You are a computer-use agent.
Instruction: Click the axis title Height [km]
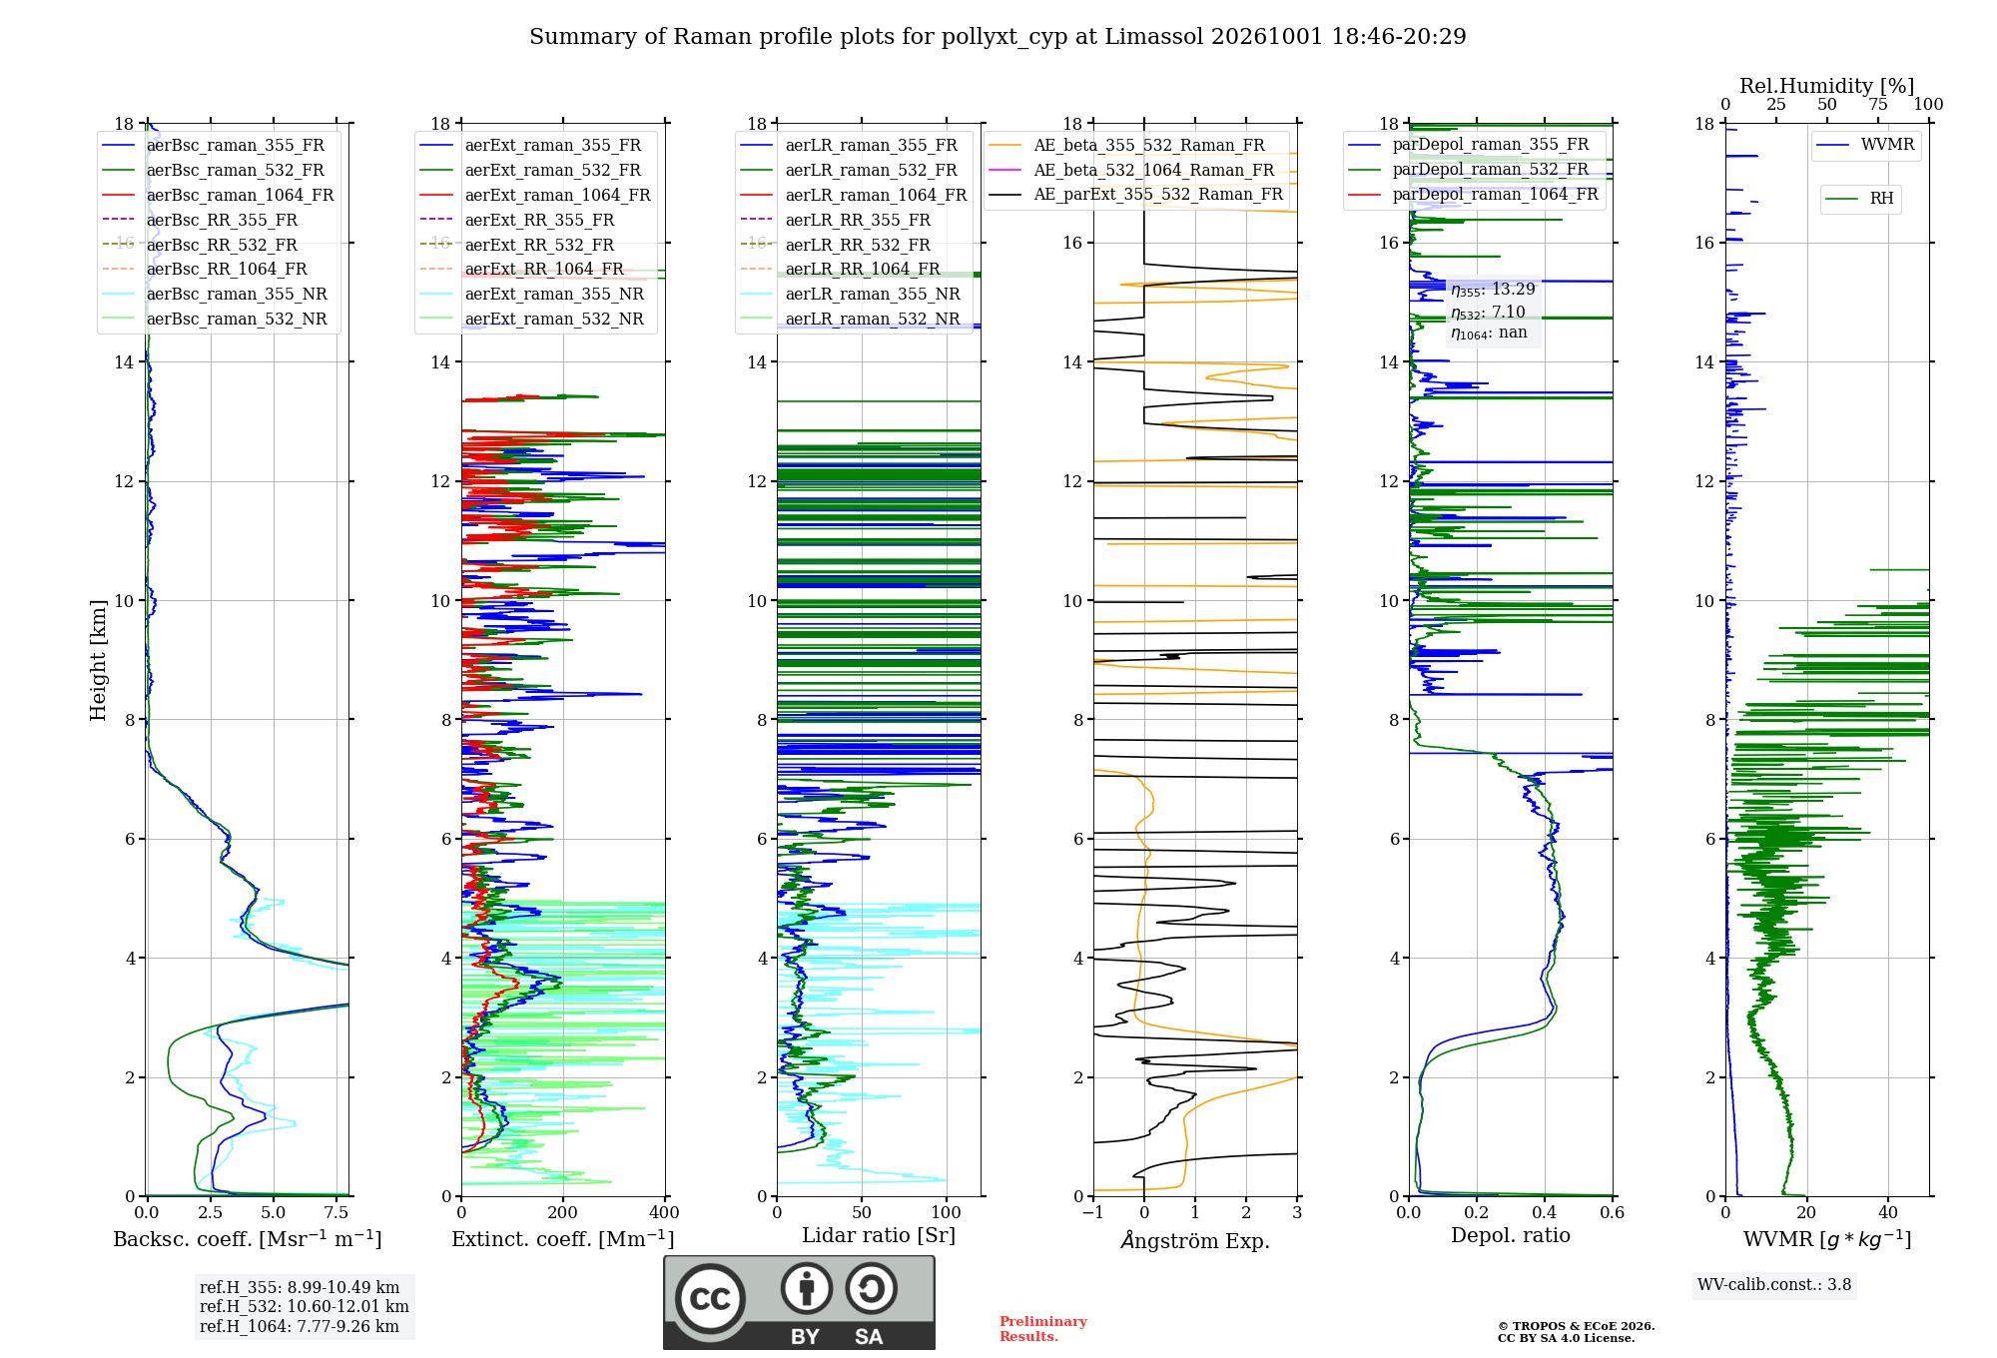point(98,659)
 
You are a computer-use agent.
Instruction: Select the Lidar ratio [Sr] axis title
point(879,1235)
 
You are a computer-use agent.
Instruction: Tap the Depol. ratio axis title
point(1511,1235)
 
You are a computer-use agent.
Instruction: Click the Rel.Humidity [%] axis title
point(1827,86)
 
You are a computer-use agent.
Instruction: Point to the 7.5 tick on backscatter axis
point(336,1212)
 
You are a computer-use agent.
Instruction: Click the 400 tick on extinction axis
point(665,1212)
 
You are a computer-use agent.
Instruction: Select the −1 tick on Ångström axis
point(1093,1212)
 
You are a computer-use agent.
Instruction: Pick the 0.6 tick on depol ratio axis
point(1613,1212)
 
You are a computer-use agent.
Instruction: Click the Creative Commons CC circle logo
point(710,1299)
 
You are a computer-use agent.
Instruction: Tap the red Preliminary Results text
point(1043,1329)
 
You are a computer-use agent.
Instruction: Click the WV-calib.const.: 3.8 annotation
point(1774,1284)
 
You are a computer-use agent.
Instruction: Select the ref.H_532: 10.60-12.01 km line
point(305,1306)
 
